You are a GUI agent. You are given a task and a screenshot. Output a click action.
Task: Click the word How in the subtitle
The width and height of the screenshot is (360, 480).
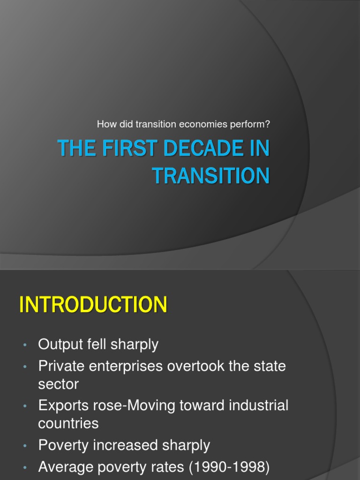coord(105,125)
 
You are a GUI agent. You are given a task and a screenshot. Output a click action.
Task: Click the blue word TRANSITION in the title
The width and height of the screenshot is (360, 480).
coord(211,176)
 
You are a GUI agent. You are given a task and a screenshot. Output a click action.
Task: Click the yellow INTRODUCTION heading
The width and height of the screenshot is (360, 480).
coord(93,305)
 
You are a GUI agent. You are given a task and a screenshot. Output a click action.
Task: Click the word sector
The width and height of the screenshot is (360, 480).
coord(58,384)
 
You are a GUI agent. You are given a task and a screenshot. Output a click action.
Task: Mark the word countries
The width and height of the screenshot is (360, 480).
coord(68,424)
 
